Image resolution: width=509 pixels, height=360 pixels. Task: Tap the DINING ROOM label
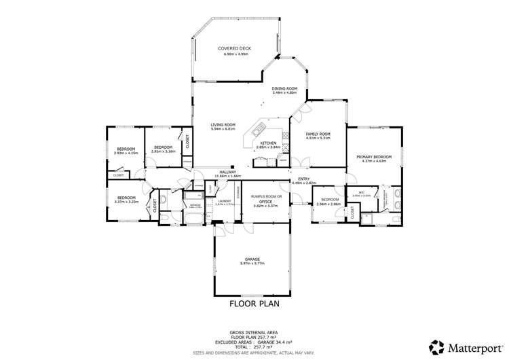pyautogui.click(x=285, y=88)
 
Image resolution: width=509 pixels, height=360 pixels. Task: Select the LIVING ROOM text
pyautogui.click(x=223, y=124)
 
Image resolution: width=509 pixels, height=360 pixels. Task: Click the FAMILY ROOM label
pyautogui.click(x=318, y=134)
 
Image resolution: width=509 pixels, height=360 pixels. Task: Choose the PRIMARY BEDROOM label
pyautogui.click(x=371, y=157)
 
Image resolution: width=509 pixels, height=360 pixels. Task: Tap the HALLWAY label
pyautogui.click(x=227, y=172)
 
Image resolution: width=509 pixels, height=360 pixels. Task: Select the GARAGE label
pyautogui.click(x=252, y=259)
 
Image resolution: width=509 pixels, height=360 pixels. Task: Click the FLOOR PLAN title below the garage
pyautogui.click(x=254, y=304)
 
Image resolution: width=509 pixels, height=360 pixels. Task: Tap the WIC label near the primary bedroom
pyautogui.click(x=362, y=192)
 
